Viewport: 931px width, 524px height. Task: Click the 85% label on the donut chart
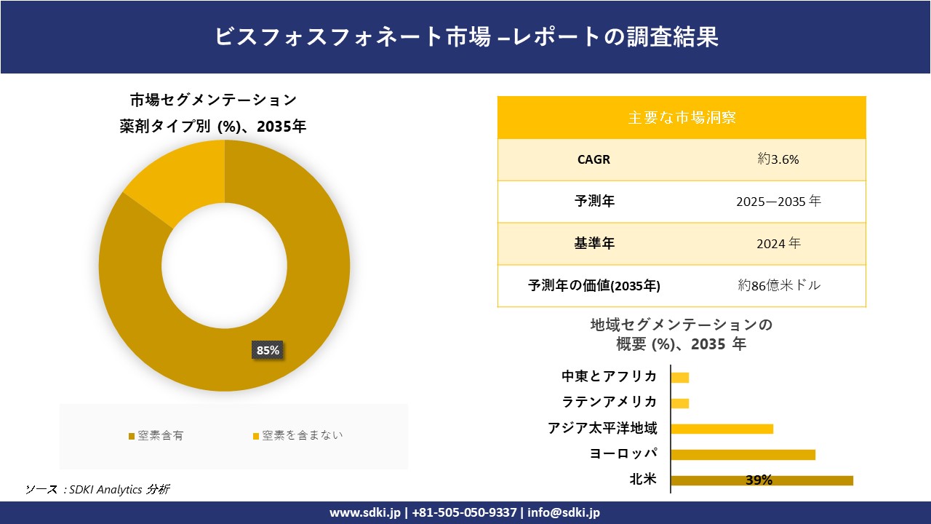coord(268,350)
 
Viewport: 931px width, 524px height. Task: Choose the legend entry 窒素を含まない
coord(297,435)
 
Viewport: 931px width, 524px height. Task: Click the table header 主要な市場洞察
coord(682,117)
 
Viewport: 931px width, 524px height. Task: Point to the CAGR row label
coord(594,159)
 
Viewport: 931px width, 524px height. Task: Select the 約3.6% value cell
coord(778,159)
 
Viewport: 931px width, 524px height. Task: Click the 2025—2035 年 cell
coord(778,202)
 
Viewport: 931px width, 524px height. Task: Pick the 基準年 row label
coord(594,244)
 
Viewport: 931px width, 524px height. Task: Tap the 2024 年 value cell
coord(778,244)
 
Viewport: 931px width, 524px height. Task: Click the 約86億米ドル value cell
coord(778,285)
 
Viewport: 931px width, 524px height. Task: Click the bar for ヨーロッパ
coord(743,454)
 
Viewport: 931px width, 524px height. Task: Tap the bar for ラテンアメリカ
coord(679,403)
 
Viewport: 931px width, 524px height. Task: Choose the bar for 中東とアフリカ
coord(679,377)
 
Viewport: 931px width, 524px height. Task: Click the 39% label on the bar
coord(759,480)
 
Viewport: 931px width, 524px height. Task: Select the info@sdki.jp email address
coord(564,512)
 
